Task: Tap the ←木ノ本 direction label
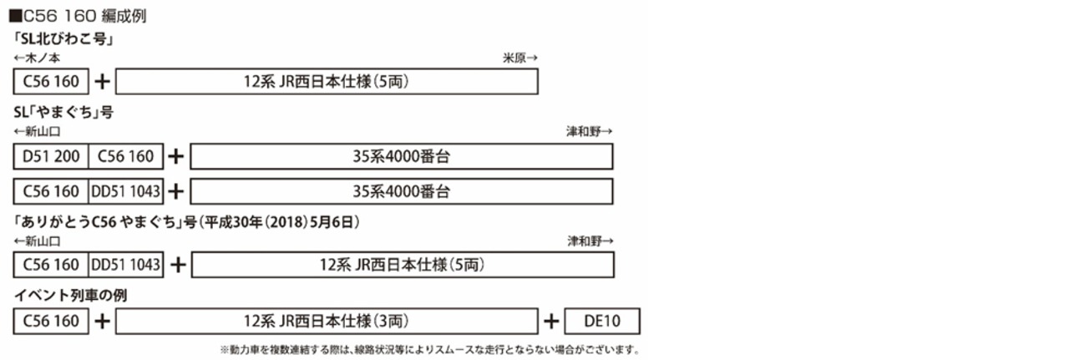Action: tap(38, 57)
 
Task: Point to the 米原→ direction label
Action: tap(519, 57)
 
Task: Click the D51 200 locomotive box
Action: tap(51, 156)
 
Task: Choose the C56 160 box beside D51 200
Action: tap(126, 156)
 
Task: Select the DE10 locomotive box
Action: tap(602, 321)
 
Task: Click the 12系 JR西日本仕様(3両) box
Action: tap(327, 321)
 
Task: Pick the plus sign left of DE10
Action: tap(551, 321)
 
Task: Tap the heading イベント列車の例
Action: tap(70, 295)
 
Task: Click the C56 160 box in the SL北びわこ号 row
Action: tap(51, 82)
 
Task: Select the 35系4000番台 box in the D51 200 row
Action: tap(402, 156)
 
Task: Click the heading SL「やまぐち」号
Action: tap(63, 113)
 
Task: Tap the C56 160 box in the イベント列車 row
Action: tap(51, 321)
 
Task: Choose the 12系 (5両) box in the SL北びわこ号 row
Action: tap(327, 82)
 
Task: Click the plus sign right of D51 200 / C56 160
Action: tap(176, 156)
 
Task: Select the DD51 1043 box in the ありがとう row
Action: tap(126, 265)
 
